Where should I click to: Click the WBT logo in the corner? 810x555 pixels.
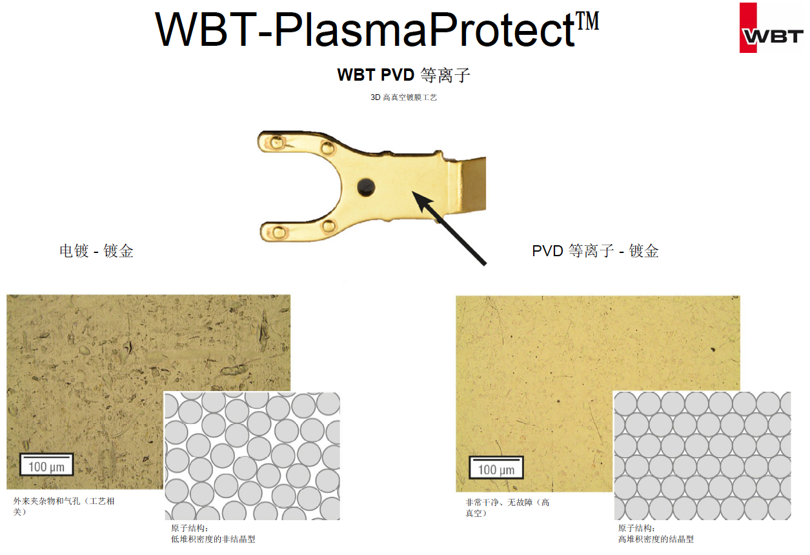771,28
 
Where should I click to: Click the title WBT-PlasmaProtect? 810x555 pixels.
365,30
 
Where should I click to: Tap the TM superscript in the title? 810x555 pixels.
587,21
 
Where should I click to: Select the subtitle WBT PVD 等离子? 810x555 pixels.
403,76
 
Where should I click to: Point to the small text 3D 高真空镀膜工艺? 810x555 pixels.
403,97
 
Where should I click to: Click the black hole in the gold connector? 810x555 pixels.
366,187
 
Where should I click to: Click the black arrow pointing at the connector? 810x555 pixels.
449,228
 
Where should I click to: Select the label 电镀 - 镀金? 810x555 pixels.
97,250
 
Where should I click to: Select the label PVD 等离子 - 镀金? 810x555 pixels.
595,250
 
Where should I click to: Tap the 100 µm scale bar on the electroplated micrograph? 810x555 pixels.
46,465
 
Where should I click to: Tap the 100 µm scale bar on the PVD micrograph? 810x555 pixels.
496,467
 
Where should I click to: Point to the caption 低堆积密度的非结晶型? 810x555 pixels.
214,539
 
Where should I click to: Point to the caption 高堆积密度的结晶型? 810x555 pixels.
656,539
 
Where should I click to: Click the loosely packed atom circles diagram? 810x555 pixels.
252,456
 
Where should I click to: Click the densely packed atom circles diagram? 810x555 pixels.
703,456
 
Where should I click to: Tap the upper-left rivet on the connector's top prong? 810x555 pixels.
277,143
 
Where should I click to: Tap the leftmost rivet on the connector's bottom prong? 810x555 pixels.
279,232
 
